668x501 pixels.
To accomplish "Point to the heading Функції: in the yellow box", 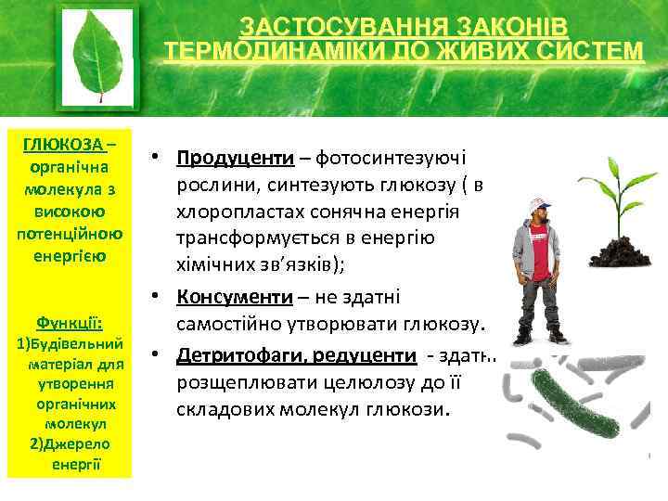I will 70,324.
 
